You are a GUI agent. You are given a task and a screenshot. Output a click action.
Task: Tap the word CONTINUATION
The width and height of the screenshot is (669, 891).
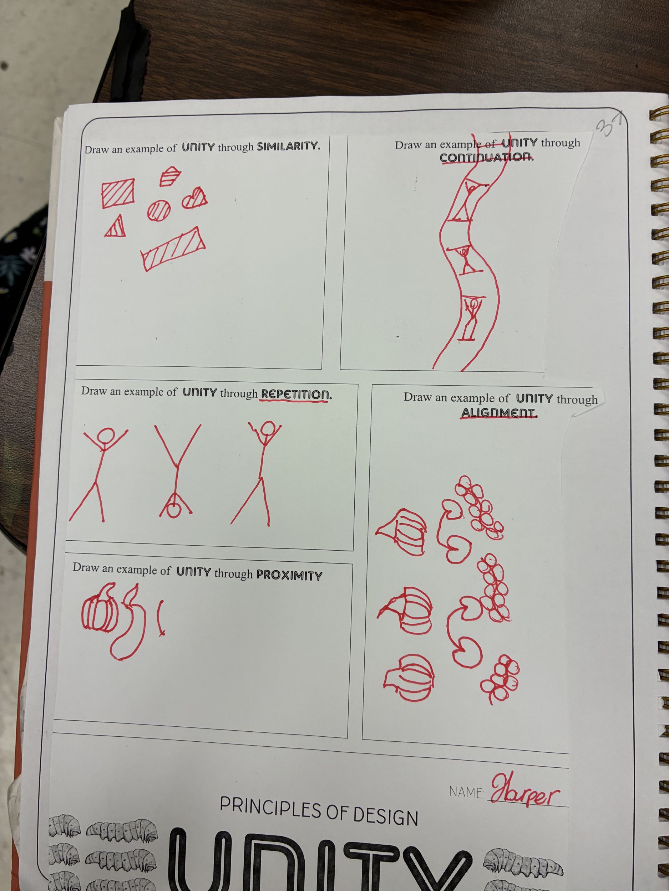tap(487, 157)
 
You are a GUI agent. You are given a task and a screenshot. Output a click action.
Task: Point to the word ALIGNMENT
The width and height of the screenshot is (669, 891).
tap(499, 413)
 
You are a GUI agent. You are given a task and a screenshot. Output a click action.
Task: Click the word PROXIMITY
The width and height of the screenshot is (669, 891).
tap(289, 575)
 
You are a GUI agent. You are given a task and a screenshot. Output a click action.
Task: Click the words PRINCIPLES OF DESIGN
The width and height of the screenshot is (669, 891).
tap(319, 811)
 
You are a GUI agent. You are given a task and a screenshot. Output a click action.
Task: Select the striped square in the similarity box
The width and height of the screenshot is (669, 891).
tap(118, 193)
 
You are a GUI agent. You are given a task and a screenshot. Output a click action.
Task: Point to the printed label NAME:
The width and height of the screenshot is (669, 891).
tap(467, 792)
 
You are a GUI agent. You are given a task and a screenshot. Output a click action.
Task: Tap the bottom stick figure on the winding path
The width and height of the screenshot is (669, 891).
tap(471, 318)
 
